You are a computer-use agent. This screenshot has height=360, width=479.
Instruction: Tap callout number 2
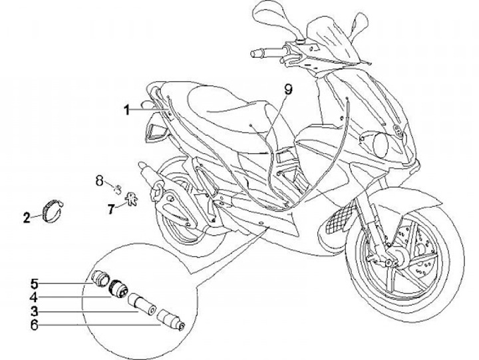27,218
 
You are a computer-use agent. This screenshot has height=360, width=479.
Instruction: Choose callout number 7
111,209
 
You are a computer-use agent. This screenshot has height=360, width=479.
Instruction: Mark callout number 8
98,180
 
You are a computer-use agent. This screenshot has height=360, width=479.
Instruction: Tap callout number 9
289,89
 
